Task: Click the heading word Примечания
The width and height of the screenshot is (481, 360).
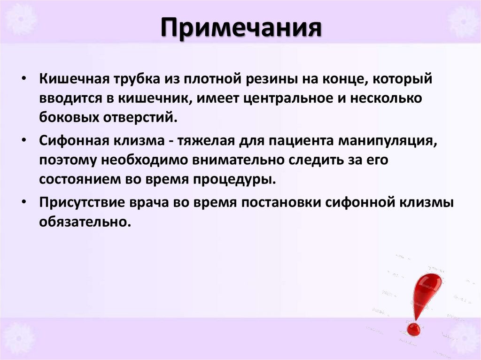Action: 240,30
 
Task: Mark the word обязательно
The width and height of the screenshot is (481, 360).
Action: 84,222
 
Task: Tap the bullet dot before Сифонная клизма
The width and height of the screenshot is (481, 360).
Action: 24,140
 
